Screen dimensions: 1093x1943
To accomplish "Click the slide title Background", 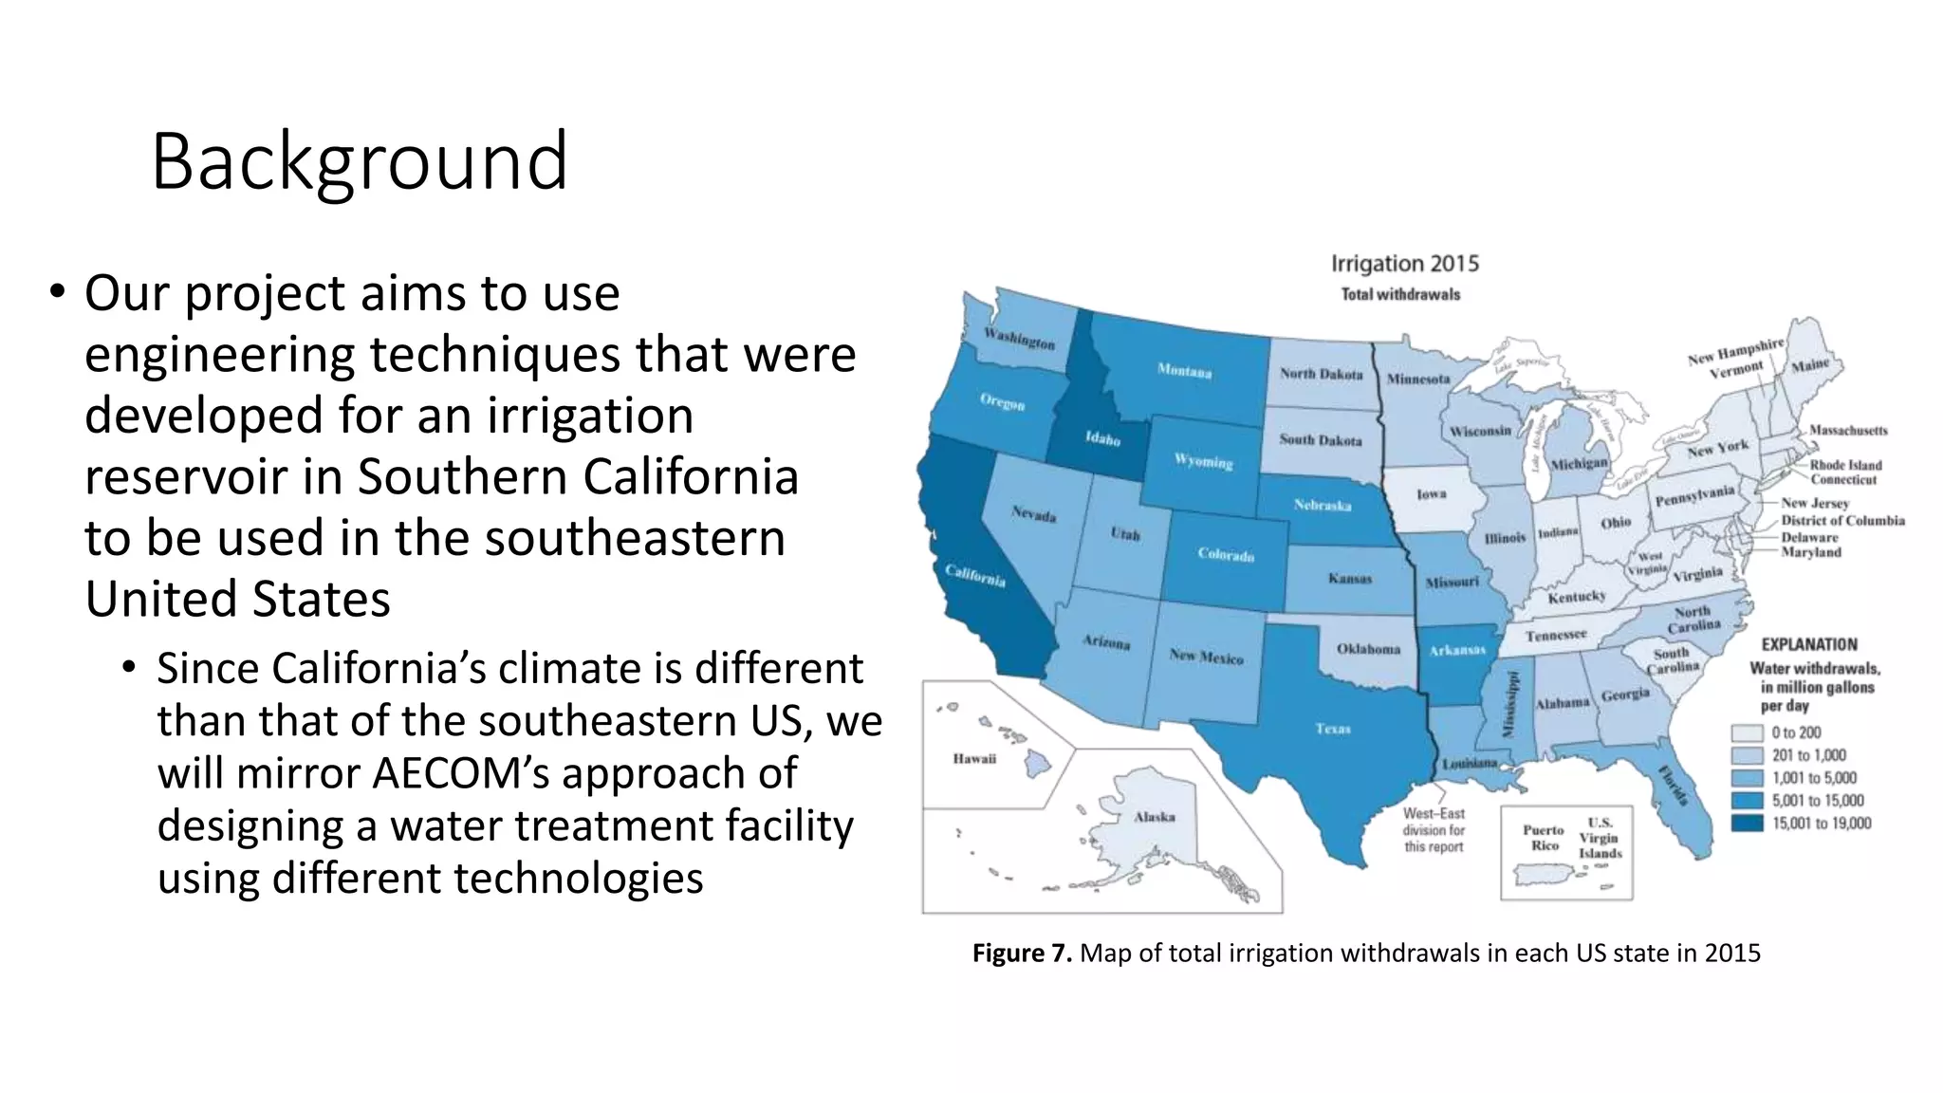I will tap(359, 161).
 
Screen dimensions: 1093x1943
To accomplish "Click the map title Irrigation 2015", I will tap(1404, 264).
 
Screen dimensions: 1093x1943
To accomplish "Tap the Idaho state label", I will tap(1102, 438).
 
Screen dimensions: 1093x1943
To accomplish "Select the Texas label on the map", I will tap(1332, 729).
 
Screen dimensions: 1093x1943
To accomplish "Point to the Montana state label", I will tap(1183, 371).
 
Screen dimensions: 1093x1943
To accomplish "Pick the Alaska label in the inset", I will tap(1154, 817).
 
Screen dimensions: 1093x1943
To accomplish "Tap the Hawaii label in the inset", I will tap(974, 758).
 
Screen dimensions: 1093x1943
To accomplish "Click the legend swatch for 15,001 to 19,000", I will tap(1747, 824).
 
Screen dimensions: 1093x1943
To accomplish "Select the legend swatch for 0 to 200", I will tap(1747, 733).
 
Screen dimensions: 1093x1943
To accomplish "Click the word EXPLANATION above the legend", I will tap(1808, 644).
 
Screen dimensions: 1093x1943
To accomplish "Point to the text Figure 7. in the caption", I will tap(1021, 953).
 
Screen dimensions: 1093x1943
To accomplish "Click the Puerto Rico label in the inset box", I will tap(1544, 837).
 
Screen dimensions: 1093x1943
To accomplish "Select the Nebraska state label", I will tap(1322, 505).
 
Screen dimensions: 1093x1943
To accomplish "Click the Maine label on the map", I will tap(1809, 365).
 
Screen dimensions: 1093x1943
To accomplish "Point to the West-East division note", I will tap(1434, 830).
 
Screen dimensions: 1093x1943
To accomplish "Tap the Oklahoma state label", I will tap(1368, 649).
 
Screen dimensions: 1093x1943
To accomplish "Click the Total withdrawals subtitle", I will tap(1400, 295).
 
